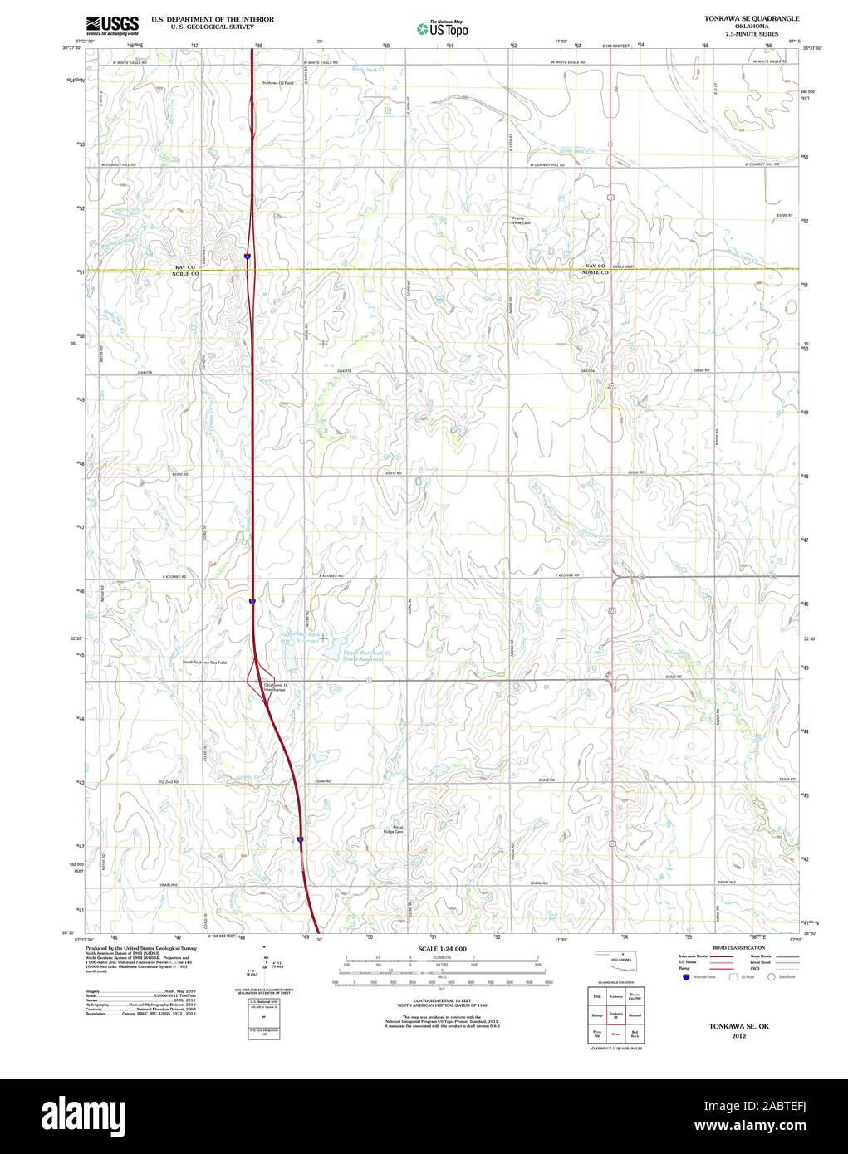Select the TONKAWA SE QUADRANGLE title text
752,17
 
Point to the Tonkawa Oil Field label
278,83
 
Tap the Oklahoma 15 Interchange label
274,687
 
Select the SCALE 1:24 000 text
443,948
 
